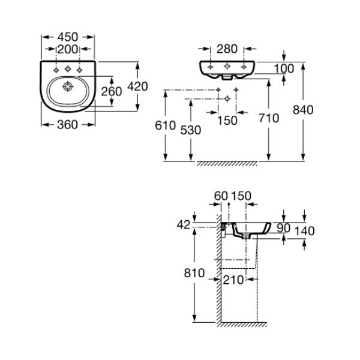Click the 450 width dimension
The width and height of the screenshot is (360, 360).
(68, 37)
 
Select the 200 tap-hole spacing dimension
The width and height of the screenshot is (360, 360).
(68, 49)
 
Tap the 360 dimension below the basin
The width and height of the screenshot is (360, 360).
(67, 125)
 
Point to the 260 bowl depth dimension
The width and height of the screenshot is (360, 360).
(112, 91)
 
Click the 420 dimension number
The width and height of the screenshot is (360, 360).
(137, 86)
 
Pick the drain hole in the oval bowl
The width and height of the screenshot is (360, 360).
(68, 86)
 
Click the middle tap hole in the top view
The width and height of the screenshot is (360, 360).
(68, 68)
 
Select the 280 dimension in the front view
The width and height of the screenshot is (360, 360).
(227, 49)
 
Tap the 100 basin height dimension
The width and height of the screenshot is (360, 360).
(284, 68)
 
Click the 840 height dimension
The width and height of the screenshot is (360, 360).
(303, 110)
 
